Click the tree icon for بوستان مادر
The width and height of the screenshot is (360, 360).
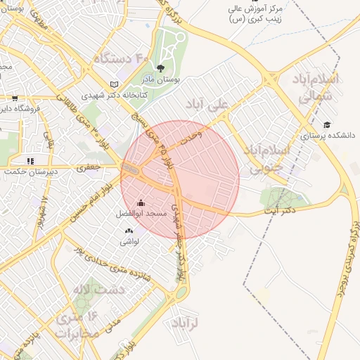point(161,68)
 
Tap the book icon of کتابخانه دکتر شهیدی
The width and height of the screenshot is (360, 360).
point(115,84)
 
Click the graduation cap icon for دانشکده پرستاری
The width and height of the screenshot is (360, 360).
point(326,124)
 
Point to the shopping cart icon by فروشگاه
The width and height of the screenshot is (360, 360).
point(15,98)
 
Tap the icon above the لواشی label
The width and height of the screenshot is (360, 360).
point(129,231)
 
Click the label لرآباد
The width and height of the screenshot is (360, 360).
point(186,323)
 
